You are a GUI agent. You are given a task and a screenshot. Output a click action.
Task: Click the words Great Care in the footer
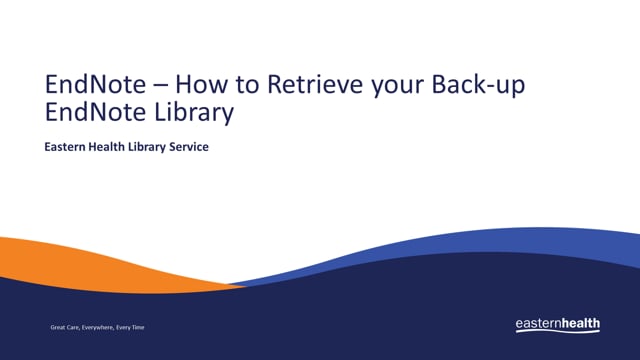tap(66, 327)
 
